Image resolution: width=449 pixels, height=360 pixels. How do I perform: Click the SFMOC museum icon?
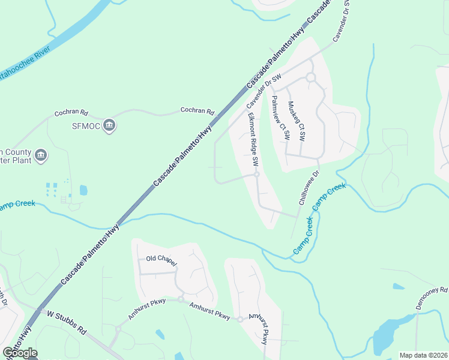click(x=109, y=125)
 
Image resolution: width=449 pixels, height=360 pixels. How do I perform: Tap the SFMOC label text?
click(x=85, y=125)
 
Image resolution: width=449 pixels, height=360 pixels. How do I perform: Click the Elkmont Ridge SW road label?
click(x=252, y=140)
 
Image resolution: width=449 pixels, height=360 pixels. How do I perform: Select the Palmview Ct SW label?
click(x=280, y=118)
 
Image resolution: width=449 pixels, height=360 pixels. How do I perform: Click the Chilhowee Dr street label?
click(x=307, y=190)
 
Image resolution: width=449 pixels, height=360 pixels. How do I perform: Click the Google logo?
click(x=20, y=353)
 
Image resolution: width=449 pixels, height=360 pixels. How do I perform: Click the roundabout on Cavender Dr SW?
click(x=310, y=77)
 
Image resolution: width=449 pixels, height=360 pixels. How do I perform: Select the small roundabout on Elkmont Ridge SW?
click(x=256, y=175)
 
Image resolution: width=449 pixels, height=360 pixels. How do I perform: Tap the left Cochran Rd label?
click(x=71, y=112)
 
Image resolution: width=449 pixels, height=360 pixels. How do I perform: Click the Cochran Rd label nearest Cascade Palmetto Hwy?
click(x=197, y=112)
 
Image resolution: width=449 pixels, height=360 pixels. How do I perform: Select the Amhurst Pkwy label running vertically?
click(x=260, y=329)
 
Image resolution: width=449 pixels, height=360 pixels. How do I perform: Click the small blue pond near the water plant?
click(x=83, y=190)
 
